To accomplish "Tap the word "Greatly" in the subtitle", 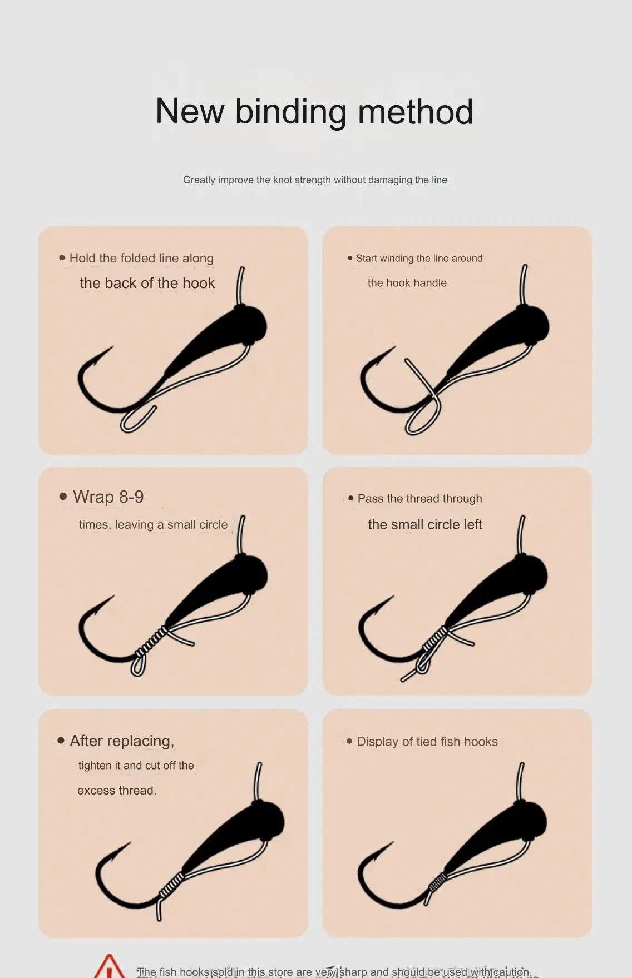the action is [x=199, y=180].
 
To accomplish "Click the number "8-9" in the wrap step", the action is [x=131, y=497].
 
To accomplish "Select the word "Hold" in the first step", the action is [x=82, y=258].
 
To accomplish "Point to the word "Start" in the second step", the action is [x=366, y=258].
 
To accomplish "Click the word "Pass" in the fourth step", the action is [x=371, y=498].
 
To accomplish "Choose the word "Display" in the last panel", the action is [x=378, y=742].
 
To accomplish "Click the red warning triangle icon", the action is [x=110, y=967].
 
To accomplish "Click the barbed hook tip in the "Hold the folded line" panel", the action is [x=110, y=349].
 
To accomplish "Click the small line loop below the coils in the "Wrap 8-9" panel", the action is [x=138, y=664].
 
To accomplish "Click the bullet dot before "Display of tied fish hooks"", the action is [x=349, y=741].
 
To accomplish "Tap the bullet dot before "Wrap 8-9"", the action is [x=63, y=497].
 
